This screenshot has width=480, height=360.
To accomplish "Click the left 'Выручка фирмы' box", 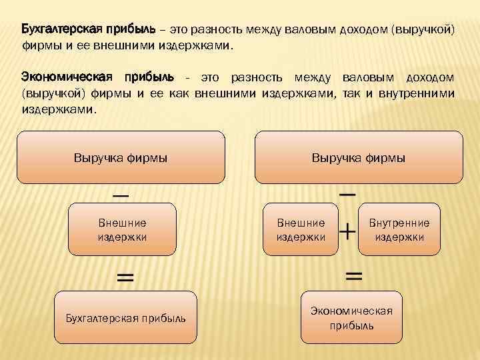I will click(x=120, y=157).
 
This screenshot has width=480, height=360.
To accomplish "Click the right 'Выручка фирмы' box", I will click(x=359, y=157).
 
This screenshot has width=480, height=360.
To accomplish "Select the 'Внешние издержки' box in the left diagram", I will click(x=122, y=229).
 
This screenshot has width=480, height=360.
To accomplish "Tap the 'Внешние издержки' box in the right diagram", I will click(x=301, y=229).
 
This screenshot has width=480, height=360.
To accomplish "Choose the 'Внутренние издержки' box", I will click(x=399, y=229).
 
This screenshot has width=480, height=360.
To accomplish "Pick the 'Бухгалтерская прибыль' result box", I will click(x=125, y=317).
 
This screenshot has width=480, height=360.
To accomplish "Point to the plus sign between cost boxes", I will click(x=348, y=232).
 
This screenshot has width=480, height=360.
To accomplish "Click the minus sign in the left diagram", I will click(x=121, y=196).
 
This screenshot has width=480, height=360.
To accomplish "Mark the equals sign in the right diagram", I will click(x=354, y=275).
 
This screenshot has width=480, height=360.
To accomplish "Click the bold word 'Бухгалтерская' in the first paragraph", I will click(x=61, y=30).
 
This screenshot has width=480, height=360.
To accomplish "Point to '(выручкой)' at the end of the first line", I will click(x=423, y=30).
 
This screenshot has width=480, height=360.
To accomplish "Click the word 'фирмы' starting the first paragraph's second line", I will click(x=37, y=47).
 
